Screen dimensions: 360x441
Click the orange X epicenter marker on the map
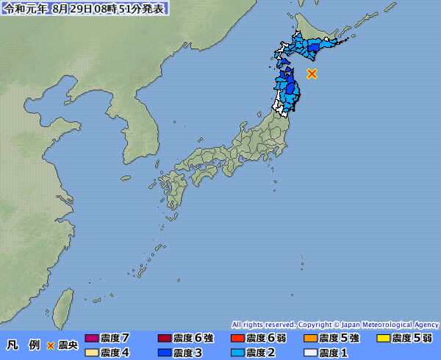point(312,73)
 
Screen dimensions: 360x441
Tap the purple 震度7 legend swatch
point(92,339)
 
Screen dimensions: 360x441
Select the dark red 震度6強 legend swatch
point(164,339)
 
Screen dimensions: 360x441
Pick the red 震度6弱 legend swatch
point(237,339)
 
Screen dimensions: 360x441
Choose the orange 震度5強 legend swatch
point(309,339)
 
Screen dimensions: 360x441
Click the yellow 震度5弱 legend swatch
point(382,339)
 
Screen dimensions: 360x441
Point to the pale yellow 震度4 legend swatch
point(92,353)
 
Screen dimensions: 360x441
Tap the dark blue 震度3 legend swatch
point(164,353)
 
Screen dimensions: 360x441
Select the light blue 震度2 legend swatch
point(237,353)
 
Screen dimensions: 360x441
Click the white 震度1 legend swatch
point(309,353)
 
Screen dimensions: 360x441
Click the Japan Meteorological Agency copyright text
point(335,324)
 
